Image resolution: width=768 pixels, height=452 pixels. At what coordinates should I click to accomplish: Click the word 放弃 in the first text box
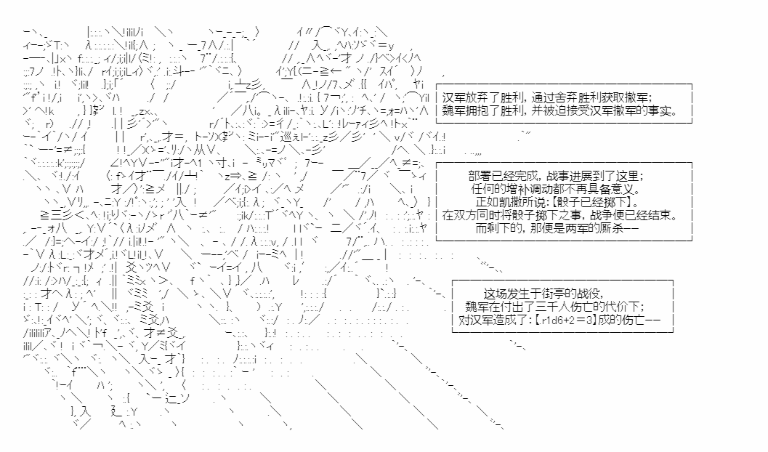pos(475,97)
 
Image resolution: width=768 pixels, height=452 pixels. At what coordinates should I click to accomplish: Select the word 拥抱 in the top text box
pos(475,110)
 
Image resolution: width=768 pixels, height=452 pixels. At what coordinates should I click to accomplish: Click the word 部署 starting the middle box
pos(479,176)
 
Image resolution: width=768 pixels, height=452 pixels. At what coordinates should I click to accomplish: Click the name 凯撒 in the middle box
pos(509,202)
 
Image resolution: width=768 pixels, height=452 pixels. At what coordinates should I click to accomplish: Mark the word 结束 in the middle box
pos(661,214)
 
